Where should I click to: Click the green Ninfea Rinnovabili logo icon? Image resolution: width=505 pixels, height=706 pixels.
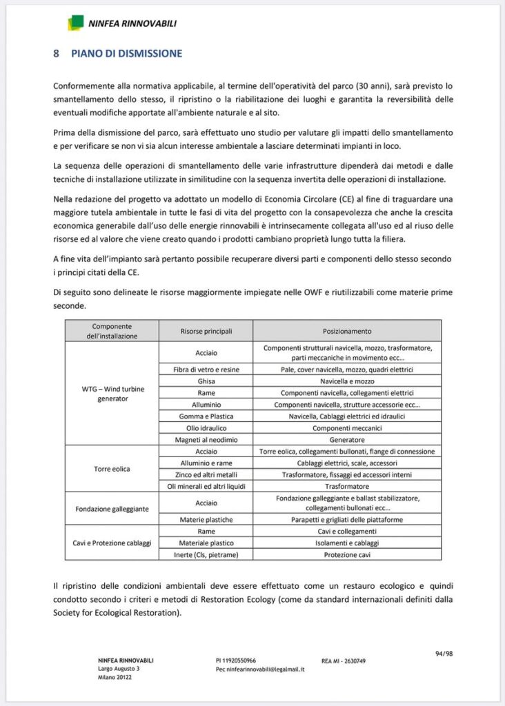tap(76, 23)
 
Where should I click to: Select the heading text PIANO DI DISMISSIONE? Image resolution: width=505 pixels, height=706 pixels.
tap(126, 53)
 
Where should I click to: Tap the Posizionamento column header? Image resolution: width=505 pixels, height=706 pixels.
tap(347, 331)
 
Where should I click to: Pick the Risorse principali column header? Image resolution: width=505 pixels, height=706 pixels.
tap(206, 331)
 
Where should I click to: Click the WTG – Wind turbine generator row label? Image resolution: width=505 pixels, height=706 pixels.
tap(112, 394)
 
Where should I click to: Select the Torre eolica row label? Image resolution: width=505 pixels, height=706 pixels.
tap(112, 469)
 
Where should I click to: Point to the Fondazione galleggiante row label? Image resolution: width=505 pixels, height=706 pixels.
tap(112, 509)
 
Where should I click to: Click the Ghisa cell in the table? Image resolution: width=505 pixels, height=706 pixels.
tap(206, 381)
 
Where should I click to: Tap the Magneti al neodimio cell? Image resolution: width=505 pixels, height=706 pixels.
tap(206, 439)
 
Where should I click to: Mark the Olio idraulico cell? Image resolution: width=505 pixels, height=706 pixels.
tap(206, 427)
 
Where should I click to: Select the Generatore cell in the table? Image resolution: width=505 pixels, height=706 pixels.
tap(347, 439)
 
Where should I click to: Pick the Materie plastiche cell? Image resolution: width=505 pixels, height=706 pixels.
tap(206, 520)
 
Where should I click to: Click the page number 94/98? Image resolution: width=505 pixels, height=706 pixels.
tap(444, 653)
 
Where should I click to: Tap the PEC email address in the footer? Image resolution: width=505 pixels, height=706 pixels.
tap(260, 669)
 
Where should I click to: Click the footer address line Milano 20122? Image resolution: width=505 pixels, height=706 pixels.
tap(115, 677)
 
